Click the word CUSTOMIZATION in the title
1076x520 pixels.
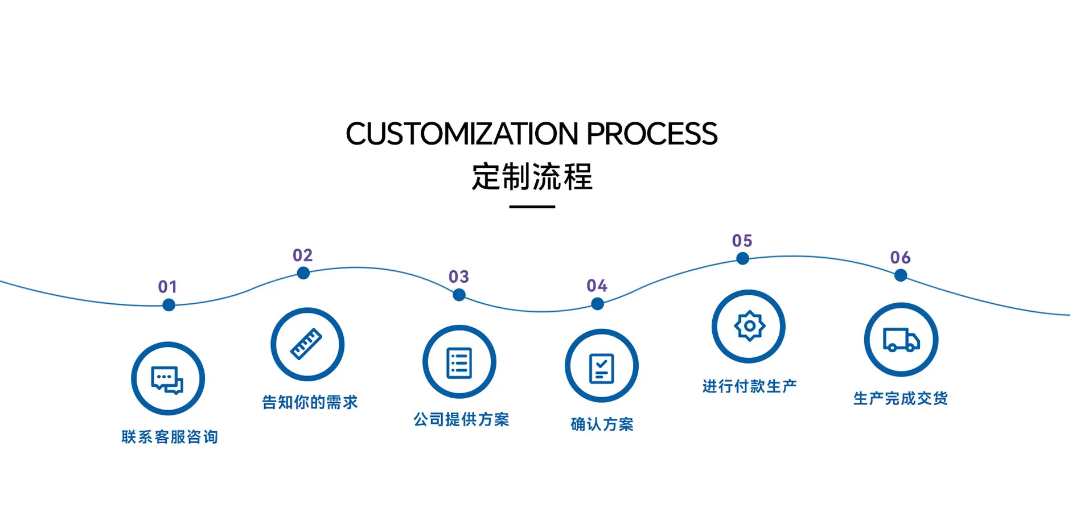pyautogui.click(x=462, y=134)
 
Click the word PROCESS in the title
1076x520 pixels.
pyautogui.click(x=652, y=134)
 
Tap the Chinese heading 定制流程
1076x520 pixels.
pyautogui.click(x=532, y=176)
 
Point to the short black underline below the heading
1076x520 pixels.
pyautogui.click(x=532, y=207)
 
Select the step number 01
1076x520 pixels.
pyautogui.click(x=168, y=287)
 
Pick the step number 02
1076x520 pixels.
pyautogui.click(x=303, y=255)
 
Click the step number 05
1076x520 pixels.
pyautogui.click(x=742, y=241)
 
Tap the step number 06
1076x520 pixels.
pyautogui.click(x=901, y=258)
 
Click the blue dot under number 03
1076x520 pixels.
pyautogui.click(x=459, y=295)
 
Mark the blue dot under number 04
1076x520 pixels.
pyautogui.click(x=597, y=304)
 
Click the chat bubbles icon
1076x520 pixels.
pyautogui.click(x=167, y=379)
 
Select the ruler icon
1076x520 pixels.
pyautogui.click(x=306, y=344)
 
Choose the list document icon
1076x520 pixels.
pyautogui.click(x=459, y=362)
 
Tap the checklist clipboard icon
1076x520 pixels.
pyautogui.click(x=601, y=369)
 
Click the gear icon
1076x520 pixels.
pyautogui.click(x=749, y=326)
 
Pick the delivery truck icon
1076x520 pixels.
pyautogui.click(x=901, y=340)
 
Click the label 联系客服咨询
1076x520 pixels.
pyautogui.click(x=170, y=437)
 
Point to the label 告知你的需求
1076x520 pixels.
pyautogui.click(x=310, y=402)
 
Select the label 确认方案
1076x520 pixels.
pyautogui.click(x=602, y=424)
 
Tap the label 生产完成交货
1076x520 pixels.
pyautogui.click(x=901, y=398)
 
